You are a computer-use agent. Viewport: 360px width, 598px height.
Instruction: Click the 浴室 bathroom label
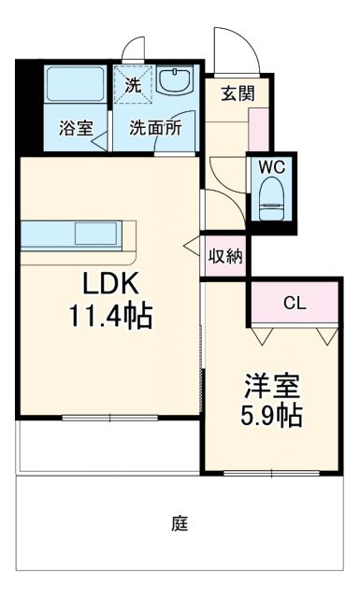[76, 129]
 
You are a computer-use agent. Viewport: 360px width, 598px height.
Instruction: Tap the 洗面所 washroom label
[155, 129]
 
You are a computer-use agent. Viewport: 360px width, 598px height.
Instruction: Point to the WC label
[272, 166]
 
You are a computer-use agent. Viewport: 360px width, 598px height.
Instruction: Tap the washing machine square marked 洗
[133, 82]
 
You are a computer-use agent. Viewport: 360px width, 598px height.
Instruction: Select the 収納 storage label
[225, 256]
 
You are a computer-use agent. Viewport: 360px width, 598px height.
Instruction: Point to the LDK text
[108, 283]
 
